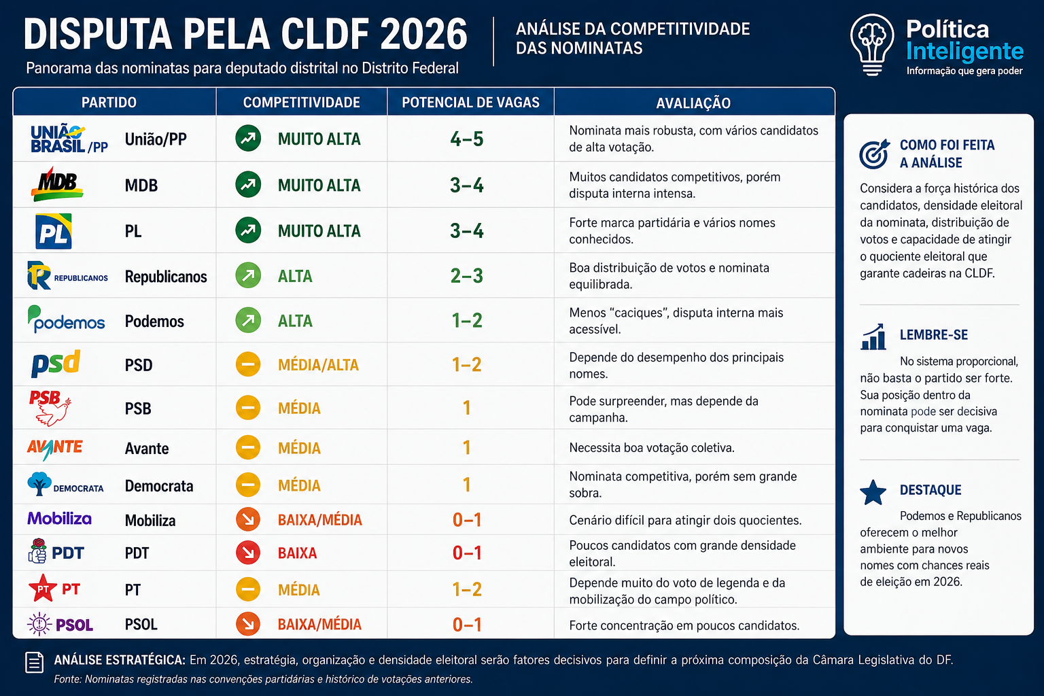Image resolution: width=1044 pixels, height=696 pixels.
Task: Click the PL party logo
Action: pos(54,231)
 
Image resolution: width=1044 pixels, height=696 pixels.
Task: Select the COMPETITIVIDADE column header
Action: pos(302,103)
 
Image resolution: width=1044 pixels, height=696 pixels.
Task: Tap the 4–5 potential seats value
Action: pos(466,139)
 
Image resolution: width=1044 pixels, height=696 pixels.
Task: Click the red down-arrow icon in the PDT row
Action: pos(248,553)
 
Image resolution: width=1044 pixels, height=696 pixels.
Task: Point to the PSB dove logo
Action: pos(51,408)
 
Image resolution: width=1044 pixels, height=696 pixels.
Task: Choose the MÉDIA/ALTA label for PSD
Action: pos(318,365)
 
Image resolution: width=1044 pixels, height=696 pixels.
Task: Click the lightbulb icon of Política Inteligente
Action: pos(872,45)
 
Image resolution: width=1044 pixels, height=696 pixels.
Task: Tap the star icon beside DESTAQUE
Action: pos(873,493)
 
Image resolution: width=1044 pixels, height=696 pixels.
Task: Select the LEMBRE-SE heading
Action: pos(933,334)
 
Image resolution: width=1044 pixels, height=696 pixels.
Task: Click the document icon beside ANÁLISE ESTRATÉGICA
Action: pos(35,663)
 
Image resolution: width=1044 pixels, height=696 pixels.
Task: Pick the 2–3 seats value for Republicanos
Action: pos(466,276)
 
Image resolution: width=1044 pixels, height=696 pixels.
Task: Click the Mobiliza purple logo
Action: pos(59,519)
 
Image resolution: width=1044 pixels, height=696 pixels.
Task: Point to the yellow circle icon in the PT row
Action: pos(248,589)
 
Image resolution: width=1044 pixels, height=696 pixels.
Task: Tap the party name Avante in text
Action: pos(147,449)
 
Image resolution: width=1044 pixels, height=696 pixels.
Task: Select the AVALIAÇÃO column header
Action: pos(693,103)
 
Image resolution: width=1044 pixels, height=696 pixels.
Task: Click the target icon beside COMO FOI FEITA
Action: pos(874,154)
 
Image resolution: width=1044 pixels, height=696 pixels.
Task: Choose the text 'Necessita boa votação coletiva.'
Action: pos(652,447)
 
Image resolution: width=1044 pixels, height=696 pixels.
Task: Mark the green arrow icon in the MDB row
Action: pos(248,185)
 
